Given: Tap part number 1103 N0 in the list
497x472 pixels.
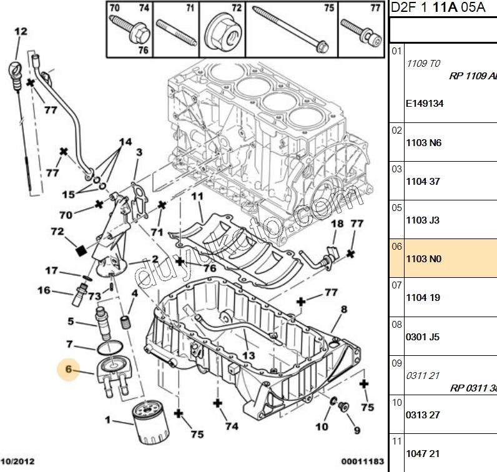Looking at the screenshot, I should tap(423, 258).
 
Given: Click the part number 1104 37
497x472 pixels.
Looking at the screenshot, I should tap(423, 181).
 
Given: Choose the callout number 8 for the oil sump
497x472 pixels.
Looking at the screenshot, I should tap(343, 309).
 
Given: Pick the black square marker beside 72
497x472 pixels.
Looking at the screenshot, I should tap(79, 250).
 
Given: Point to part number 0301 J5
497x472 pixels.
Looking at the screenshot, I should tap(423, 337).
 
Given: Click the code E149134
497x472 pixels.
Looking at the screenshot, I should tap(425, 104).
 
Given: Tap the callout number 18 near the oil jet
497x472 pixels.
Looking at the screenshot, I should tap(337, 224).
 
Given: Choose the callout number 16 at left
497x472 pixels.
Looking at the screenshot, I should tap(44, 290).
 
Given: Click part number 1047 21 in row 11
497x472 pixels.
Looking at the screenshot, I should tap(423, 453).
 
